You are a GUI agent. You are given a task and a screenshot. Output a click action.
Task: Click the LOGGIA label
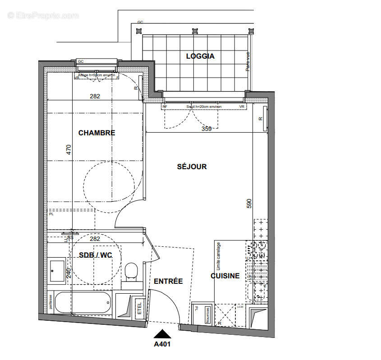(x=200, y=56)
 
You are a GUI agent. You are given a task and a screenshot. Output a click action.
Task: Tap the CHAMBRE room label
(x=96, y=133)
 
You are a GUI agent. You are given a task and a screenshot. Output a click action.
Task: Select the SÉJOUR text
(x=192, y=166)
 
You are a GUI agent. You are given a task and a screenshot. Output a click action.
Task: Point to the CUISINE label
(x=225, y=276)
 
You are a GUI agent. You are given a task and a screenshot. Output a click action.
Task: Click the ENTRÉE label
(x=168, y=281)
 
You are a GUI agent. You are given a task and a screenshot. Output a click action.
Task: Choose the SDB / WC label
(x=95, y=255)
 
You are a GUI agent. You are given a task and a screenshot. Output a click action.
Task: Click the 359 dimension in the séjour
(x=207, y=129)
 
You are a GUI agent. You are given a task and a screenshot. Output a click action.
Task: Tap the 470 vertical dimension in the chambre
(x=69, y=149)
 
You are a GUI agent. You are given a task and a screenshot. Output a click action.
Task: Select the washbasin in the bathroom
(x=57, y=270)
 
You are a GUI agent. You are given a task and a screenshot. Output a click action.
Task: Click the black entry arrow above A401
(x=162, y=334)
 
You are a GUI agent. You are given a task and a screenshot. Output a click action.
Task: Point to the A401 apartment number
(x=162, y=344)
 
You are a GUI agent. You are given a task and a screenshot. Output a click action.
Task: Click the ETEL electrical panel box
(x=139, y=307)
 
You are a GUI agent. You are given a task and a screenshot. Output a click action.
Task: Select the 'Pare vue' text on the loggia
(x=248, y=61)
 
